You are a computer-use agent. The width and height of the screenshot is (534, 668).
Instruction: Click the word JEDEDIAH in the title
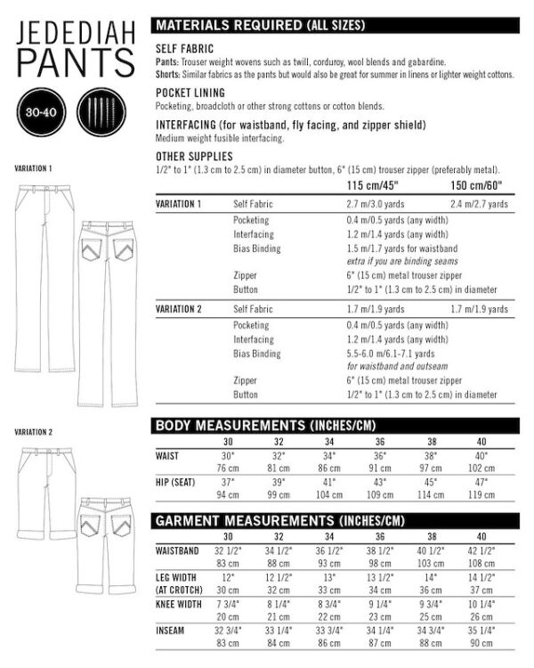76,34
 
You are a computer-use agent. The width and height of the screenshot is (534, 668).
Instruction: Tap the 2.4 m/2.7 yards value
480,204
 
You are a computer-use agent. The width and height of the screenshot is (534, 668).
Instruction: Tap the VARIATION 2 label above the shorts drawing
34,432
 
